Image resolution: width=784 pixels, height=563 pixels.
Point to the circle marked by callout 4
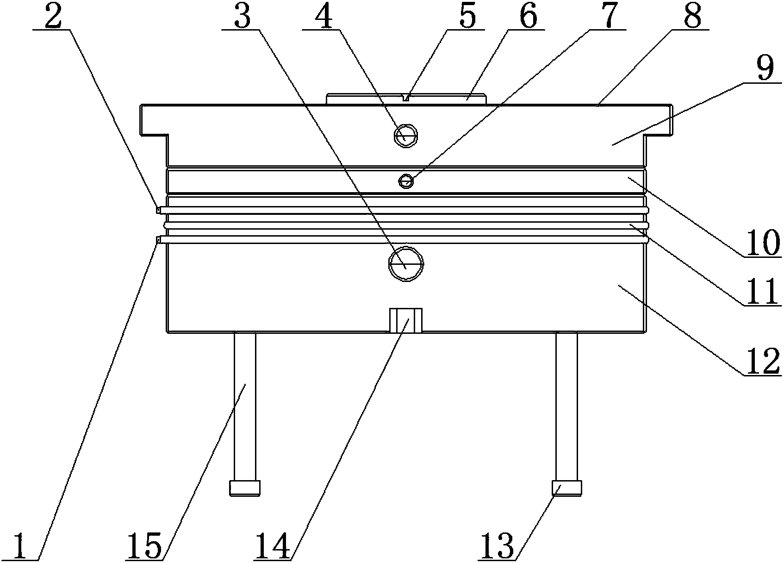405,136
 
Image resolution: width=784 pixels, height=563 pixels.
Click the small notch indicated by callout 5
406,97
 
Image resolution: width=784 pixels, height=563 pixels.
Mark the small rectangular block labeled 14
406,320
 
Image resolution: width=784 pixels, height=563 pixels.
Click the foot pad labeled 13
566,488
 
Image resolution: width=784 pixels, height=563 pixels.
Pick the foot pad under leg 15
245,488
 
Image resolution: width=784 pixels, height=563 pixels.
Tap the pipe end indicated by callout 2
158,211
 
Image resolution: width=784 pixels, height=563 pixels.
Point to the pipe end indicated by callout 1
158,239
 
